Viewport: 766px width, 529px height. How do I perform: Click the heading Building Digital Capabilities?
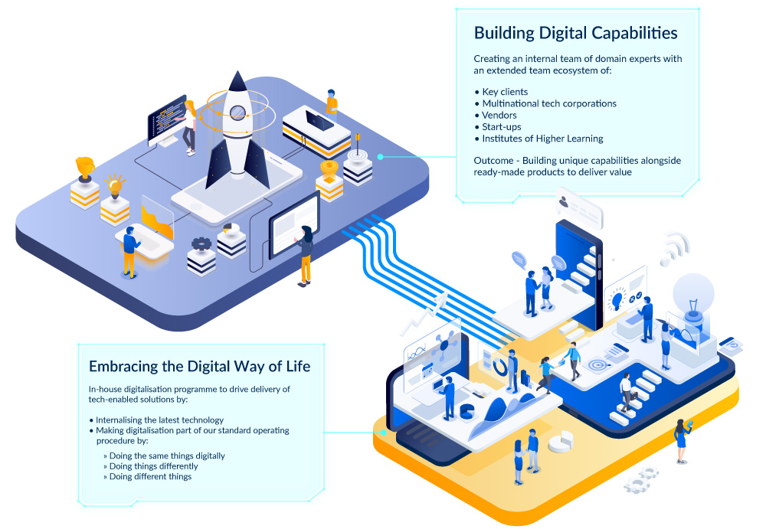(x=575, y=33)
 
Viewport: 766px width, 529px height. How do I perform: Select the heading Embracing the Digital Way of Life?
(x=199, y=366)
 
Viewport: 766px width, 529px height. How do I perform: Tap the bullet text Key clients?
(x=505, y=92)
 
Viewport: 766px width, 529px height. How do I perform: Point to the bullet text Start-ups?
(x=502, y=127)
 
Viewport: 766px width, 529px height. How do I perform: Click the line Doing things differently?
(x=153, y=466)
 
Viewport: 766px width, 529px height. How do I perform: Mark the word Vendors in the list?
(x=499, y=116)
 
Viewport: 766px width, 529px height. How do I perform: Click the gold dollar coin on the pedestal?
(x=329, y=167)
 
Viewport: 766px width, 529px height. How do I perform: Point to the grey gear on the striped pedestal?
(x=201, y=244)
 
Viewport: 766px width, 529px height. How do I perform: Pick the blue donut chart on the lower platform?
(x=500, y=367)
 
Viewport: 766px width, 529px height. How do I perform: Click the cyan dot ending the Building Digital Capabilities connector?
(x=381, y=157)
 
